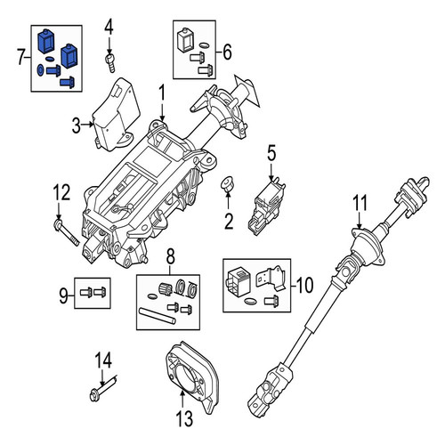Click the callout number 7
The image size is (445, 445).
[x=20, y=57]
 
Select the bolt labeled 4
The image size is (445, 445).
[x=110, y=62]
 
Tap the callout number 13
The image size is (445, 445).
[x=184, y=418]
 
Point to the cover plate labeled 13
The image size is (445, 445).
[x=191, y=377]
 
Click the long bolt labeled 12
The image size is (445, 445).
[x=67, y=232]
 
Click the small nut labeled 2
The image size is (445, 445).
[x=228, y=182]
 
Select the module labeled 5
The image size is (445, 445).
[x=266, y=206]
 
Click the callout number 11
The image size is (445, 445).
[x=360, y=203]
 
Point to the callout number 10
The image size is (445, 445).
[x=304, y=285]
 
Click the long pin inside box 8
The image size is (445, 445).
[x=158, y=316]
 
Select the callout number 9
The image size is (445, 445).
[x=63, y=295]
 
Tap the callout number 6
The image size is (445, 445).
[x=227, y=53]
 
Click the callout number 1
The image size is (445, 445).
[x=162, y=93]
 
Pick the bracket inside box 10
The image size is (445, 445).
[x=271, y=278]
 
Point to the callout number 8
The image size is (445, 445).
[x=171, y=257]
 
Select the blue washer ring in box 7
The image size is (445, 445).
[x=40, y=70]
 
